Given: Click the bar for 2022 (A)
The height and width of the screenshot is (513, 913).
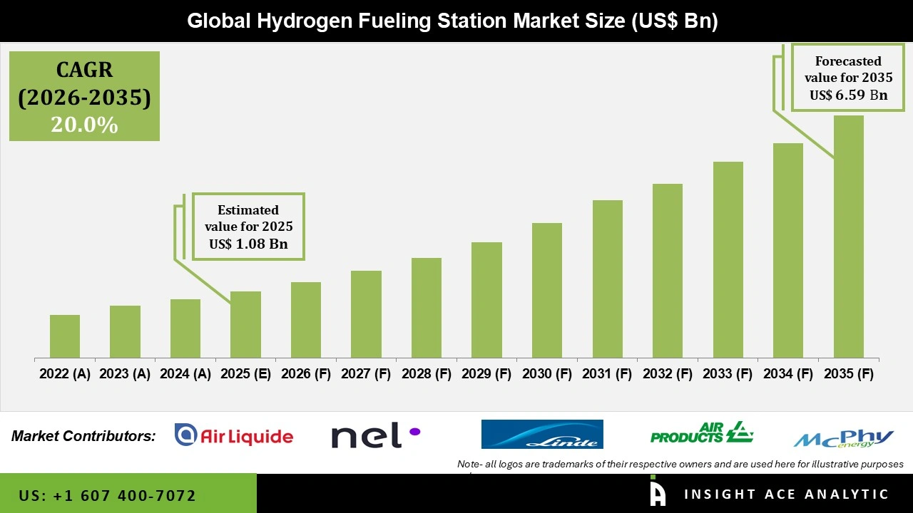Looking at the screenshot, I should pos(65,336).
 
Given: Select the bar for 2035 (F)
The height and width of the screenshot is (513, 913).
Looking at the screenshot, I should pos(849,237).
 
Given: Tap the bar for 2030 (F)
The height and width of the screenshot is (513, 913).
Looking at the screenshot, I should pos(547,290).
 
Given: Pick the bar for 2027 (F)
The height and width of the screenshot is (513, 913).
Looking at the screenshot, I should pos(366,314).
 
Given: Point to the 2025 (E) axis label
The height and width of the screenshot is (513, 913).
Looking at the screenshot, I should pos(245,374).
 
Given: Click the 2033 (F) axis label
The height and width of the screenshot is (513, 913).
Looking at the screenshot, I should pos(728,374).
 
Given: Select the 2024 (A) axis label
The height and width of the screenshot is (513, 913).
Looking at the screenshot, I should pos(185,374).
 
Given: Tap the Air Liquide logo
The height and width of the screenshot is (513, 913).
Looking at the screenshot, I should pos(234,435).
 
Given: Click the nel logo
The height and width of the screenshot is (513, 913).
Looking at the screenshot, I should pos(375,435).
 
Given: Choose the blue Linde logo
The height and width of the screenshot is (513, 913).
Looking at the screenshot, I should pos(542,434).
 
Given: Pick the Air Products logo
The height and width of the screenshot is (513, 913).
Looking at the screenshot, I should pos(702,432).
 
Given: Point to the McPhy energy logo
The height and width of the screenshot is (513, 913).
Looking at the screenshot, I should pos(844,437).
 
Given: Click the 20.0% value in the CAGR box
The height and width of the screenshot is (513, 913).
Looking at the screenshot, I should pos(84,125).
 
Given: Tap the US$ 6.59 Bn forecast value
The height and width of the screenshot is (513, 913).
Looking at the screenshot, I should pos(848,95).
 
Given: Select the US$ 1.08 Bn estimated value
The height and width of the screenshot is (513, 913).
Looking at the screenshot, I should pos(248,244).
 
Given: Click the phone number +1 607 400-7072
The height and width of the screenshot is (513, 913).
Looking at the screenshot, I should pos(108,495).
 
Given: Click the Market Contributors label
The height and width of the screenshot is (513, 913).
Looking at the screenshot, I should pos(83,435).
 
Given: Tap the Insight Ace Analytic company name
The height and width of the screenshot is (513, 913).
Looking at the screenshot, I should pos(786,494).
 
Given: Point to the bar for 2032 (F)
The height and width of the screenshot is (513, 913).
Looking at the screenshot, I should pos(668,271).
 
